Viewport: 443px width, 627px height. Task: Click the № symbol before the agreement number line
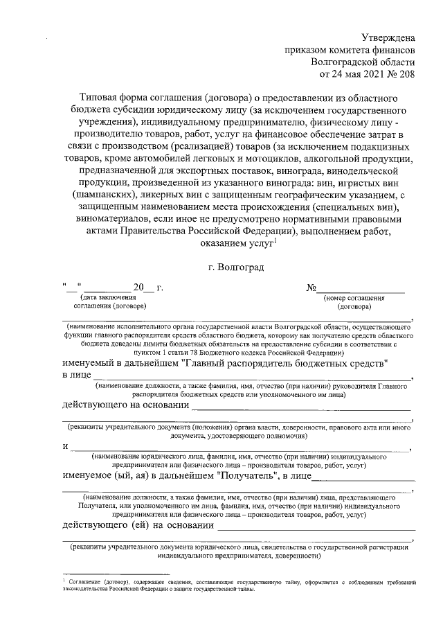coord(311,288)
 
